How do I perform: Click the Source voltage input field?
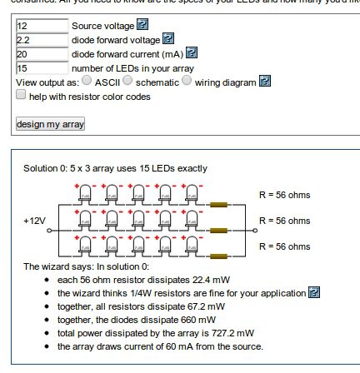pos(42,26)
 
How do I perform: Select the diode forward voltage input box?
pos(42,40)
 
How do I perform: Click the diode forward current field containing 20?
pos(42,54)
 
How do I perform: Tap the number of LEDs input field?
pos(42,68)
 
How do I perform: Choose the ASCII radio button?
pos(87,81)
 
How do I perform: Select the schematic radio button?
pos(127,81)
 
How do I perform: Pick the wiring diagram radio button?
pos(187,81)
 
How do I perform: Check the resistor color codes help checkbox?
pos(21,94)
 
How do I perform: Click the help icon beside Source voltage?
pos(142,24)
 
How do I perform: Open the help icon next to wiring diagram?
pos(265,81)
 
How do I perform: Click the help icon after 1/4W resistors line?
pos(314,292)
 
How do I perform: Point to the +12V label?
pos(35,221)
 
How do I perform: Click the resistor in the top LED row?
pos(218,205)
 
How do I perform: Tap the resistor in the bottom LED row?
pos(218,256)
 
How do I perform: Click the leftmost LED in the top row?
pos(85,193)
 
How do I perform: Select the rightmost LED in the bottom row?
pos(192,245)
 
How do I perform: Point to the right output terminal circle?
pos(255,231)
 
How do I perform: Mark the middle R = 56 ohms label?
pos(285,221)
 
